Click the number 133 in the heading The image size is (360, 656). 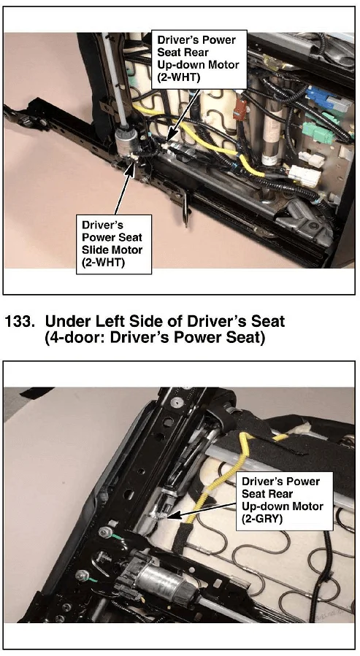click(19, 321)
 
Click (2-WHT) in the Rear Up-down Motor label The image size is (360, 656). click(176, 77)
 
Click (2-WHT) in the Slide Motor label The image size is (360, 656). click(101, 263)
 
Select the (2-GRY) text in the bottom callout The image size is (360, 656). click(261, 520)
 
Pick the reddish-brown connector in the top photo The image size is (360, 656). click(240, 109)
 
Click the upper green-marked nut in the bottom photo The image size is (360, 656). click(104, 531)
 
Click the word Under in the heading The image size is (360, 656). click(64, 321)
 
